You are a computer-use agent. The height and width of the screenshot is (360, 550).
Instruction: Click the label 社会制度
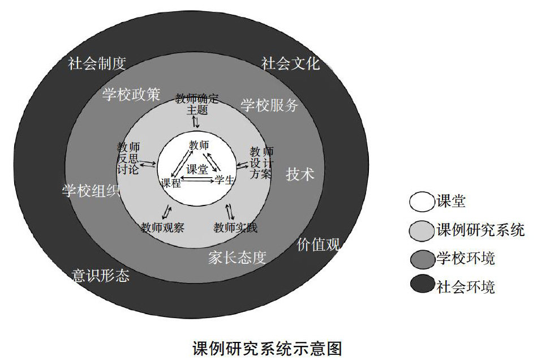coord(96,63)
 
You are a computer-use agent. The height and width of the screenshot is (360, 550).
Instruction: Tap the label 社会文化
coord(290,63)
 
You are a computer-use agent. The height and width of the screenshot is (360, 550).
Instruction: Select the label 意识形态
coord(101,276)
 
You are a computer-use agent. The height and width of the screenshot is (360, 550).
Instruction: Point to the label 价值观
coord(318,245)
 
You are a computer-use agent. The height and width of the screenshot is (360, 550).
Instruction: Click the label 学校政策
coord(131,94)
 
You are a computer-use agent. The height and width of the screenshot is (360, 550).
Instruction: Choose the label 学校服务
coord(269,105)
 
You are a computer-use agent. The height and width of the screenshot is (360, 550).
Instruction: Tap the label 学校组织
coord(91,191)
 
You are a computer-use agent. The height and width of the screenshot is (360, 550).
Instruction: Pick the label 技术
coord(300,174)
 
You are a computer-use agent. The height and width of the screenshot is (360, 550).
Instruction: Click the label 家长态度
coord(237,258)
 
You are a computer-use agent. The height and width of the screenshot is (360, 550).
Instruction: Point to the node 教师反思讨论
coord(127,158)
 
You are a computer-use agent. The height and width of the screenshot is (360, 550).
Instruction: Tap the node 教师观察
coord(162,228)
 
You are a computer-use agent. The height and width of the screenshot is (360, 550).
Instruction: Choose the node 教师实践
coord(235,228)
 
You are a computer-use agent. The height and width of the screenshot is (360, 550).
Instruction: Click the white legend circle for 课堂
coord(422,201)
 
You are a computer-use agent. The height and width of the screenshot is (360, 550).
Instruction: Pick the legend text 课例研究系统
coord(480,230)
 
